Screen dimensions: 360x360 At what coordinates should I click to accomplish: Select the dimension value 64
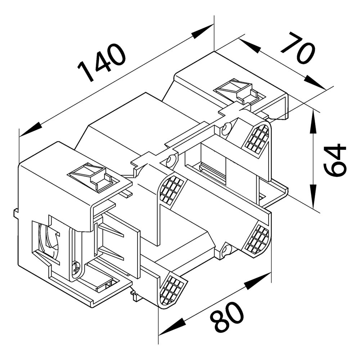(x=334, y=160)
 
